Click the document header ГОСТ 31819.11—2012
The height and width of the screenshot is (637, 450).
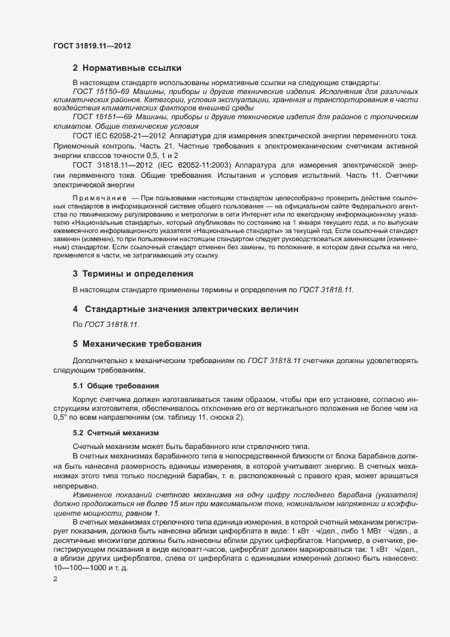coord(92,46)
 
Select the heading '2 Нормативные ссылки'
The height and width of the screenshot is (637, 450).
coord(127,68)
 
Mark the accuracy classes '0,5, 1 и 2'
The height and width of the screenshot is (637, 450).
coord(147,155)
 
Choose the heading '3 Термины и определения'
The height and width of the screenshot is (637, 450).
coord(133,273)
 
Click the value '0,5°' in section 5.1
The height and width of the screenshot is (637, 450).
coord(61,417)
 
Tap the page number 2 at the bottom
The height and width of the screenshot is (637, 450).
coord(55,580)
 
